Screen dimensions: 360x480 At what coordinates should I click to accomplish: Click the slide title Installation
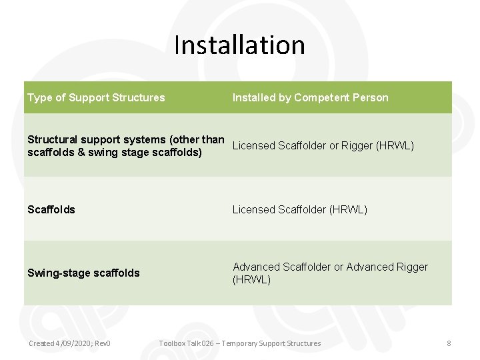pos(239,45)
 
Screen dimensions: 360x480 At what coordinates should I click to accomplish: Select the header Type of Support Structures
pos(96,97)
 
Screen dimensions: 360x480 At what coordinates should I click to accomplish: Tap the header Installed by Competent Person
pos(310,97)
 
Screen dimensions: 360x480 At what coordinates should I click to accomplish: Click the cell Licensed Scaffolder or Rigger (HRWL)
pos(323,145)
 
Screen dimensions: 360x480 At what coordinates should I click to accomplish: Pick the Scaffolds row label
pos(51,209)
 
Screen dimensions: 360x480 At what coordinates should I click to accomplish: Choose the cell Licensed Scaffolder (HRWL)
pos(300,209)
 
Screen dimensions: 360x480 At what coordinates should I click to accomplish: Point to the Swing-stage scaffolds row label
pos(83,273)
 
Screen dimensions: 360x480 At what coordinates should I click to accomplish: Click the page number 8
pos(449,343)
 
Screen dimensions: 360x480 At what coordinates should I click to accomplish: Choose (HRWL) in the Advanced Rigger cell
pos(252,280)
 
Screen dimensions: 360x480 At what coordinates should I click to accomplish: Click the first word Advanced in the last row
pos(256,267)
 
